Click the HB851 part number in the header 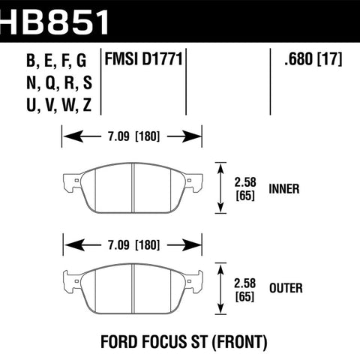tap(55, 22)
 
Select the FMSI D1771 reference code tap(143, 59)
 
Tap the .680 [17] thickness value tap(313, 59)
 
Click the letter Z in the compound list tap(87, 105)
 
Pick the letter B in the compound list tap(31, 60)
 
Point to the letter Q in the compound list tap(51, 83)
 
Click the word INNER tap(284, 189)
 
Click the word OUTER tap(286, 288)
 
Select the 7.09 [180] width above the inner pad tap(133, 136)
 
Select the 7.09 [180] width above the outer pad tap(133, 245)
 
